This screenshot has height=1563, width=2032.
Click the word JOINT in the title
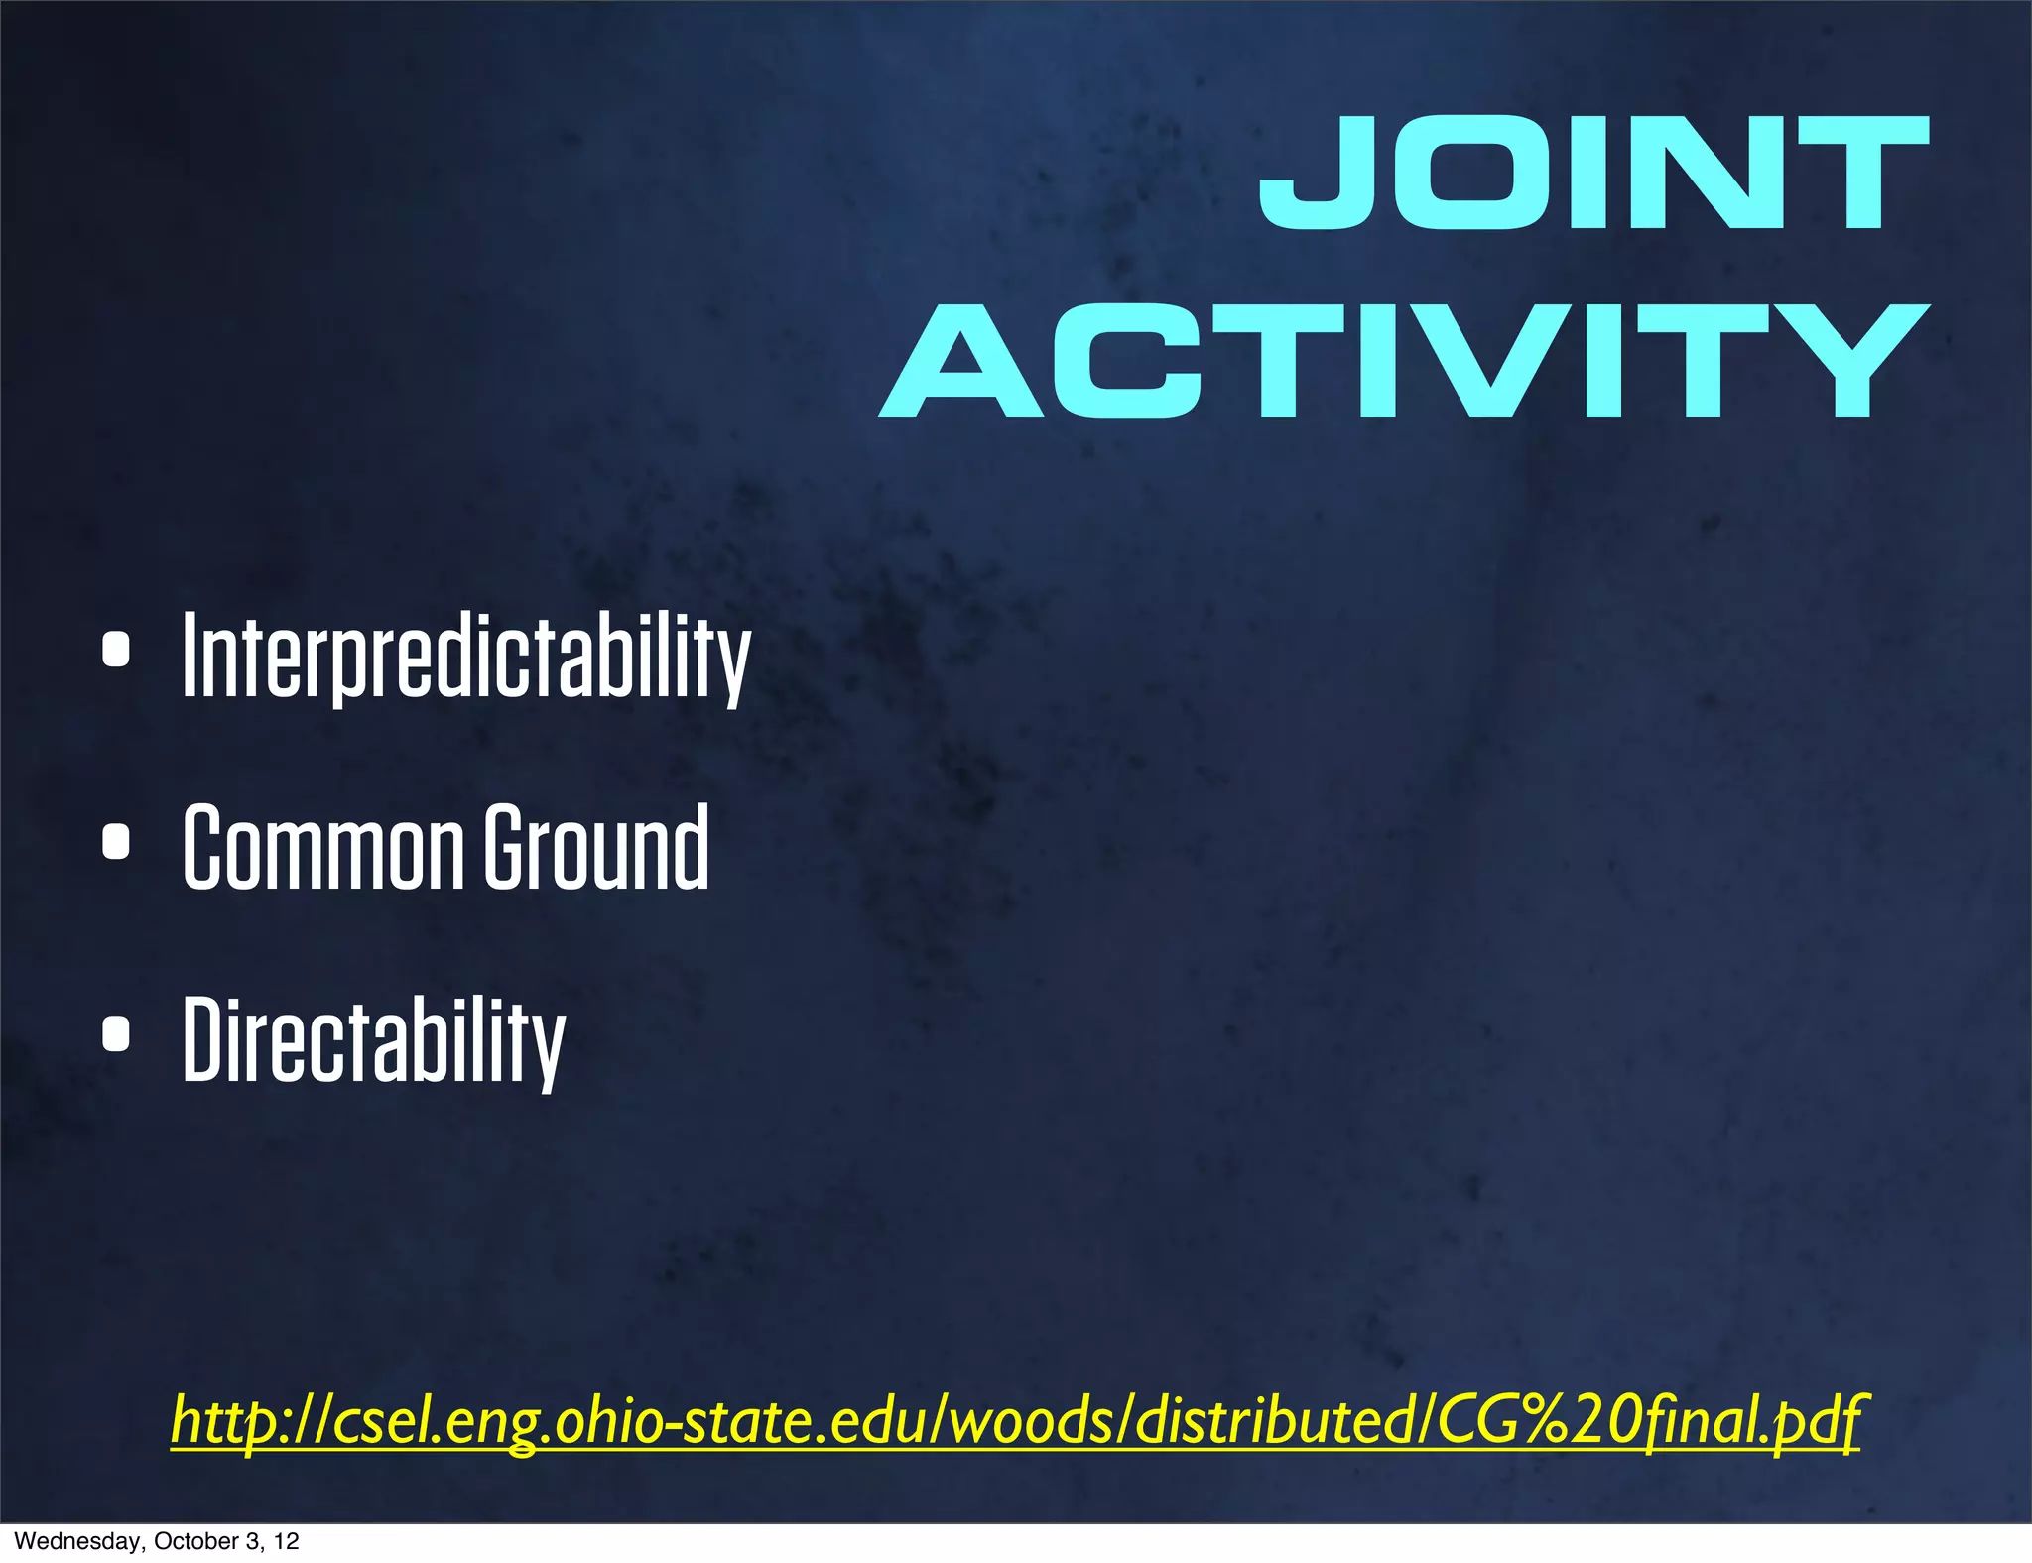pyautogui.click(x=1592, y=173)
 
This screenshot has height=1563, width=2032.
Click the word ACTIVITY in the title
pyautogui.click(x=1404, y=361)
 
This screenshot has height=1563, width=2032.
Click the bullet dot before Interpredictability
pyautogui.click(x=116, y=651)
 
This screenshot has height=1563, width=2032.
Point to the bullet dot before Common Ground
pyautogui.click(x=116, y=841)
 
